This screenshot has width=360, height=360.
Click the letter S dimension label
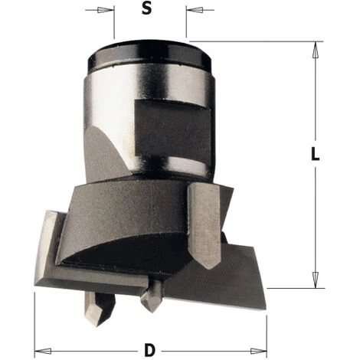pyautogui.click(x=146, y=9)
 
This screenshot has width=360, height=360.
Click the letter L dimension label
pyautogui.click(x=316, y=155)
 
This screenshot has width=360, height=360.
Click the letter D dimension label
pyautogui.click(x=149, y=351)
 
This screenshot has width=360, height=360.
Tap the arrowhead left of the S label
pyautogui.click(x=105, y=10)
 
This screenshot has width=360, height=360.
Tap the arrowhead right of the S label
pyautogui.click(x=195, y=10)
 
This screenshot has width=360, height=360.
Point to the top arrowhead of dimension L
pyautogui.click(x=316, y=50)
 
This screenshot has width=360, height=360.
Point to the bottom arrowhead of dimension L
pyautogui.click(x=316, y=280)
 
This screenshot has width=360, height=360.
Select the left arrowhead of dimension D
pyautogui.click(x=43, y=351)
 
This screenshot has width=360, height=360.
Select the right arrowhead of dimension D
pyautogui.click(x=258, y=351)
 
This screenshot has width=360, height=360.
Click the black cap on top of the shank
pyautogui.click(x=149, y=56)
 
